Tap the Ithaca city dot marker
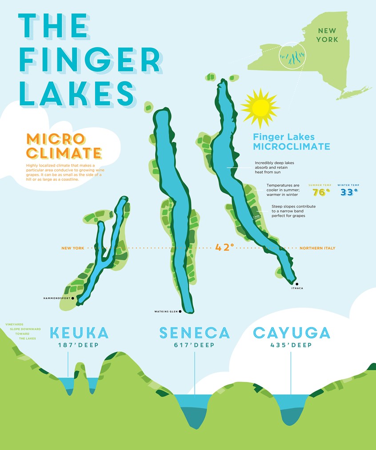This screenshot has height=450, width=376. click(x=296, y=283)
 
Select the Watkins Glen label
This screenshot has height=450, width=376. click(x=166, y=311)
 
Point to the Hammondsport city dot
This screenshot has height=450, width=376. click(x=72, y=299)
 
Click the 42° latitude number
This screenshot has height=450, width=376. click(x=224, y=247)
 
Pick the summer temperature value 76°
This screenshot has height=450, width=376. click(x=321, y=192)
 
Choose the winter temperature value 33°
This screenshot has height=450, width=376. click(x=349, y=192)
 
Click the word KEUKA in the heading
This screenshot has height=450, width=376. click(x=79, y=333)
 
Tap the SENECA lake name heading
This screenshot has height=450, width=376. click(x=195, y=333)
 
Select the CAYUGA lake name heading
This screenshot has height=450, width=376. click(x=292, y=333)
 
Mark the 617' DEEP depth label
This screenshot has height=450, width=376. click(x=194, y=346)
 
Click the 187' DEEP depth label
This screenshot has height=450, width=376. click(x=79, y=346)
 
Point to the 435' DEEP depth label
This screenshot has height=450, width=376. click(x=291, y=346)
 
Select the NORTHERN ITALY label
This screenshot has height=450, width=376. click(x=317, y=248)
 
